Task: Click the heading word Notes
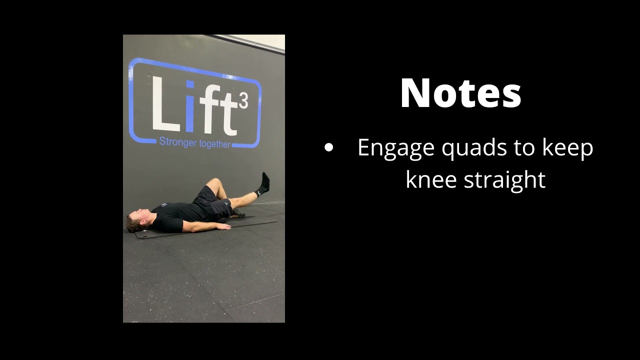click(x=460, y=93)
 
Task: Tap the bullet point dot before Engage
click(x=328, y=147)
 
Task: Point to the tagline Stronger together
click(x=194, y=142)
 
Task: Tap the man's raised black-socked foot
click(x=263, y=184)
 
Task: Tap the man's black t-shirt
click(x=172, y=215)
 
